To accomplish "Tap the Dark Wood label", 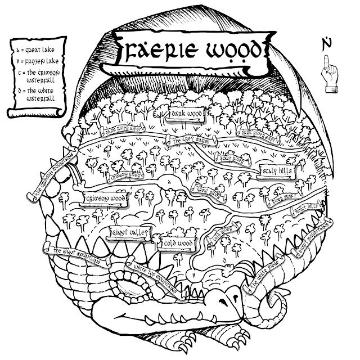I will point(186,115).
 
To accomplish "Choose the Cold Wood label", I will point(176,243).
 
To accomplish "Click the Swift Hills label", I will point(305,209).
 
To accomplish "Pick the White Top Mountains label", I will point(152,274).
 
